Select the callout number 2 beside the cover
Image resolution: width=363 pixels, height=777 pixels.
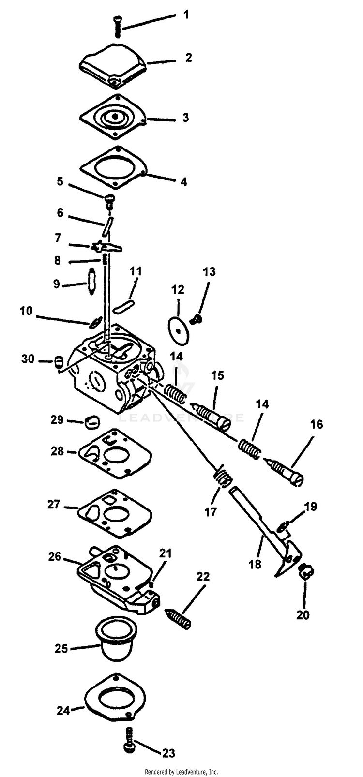coord(188,58)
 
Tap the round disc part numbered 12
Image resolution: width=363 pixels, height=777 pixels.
coord(179,331)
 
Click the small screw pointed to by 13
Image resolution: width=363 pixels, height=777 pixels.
coord(197,319)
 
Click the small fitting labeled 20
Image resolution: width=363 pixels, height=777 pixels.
coord(306,572)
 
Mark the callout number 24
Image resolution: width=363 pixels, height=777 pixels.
coord(63,710)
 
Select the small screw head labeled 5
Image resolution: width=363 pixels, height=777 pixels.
coord(109,199)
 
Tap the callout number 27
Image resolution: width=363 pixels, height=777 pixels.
coord(54,505)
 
